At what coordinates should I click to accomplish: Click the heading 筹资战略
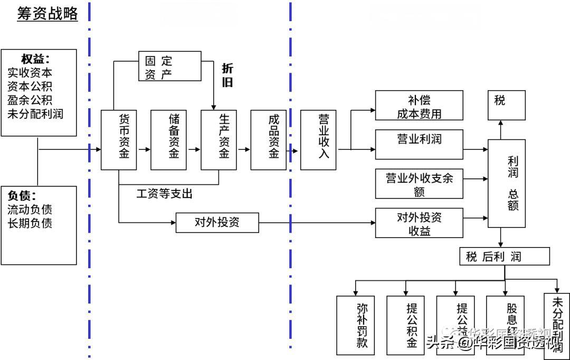coord(47,14)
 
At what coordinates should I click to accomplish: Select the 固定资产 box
coord(169,66)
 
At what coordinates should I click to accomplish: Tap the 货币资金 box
coord(119,140)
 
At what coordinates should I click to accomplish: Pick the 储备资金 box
coord(168,140)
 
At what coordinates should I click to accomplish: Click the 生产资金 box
coord(218,140)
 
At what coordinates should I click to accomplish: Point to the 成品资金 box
coord(268,140)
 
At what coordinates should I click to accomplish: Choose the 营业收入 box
coord(318,140)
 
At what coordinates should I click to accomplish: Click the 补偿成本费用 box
coord(419,106)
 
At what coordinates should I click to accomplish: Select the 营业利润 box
coord(419,144)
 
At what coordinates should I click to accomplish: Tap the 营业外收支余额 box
coord(419,184)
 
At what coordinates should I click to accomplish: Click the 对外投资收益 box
coord(419,223)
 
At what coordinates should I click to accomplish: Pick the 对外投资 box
coord(217,222)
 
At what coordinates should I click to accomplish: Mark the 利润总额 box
coord(506,184)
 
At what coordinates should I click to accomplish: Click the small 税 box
coord(506,105)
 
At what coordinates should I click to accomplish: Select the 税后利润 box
coord(505,257)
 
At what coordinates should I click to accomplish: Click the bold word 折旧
coord(227,75)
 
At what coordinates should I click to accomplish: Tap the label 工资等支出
coord(165,194)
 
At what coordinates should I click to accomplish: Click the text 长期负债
coord(30,223)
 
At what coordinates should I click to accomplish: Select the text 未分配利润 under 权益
coord(35,113)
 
